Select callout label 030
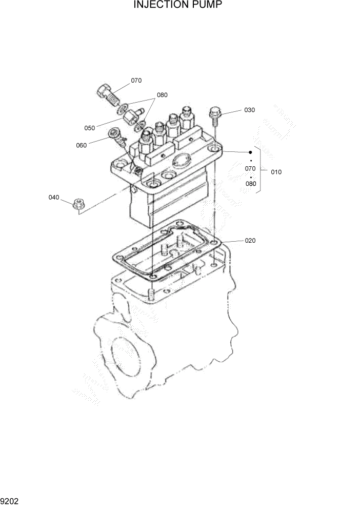[249, 110]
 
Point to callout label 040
[54, 197]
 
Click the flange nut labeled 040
[78, 203]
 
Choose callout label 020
[250, 240]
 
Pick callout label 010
[275, 172]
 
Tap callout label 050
[90, 128]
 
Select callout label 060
[81, 145]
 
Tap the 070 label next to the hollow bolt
[136, 81]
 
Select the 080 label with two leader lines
[162, 95]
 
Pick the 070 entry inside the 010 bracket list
[250, 168]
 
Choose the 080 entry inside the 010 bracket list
[250, 183]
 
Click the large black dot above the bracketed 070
[250, 152]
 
